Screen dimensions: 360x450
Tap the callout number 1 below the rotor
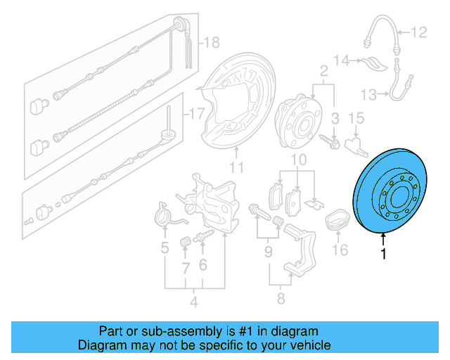click(x=384, y=255)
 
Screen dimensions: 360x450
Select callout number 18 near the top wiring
click(x=211, y=43)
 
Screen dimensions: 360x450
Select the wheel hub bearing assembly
click(x=297, y=120)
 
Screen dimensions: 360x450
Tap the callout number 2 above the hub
click(x=324, y=70)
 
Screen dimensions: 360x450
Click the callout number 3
click(x=335, y=117)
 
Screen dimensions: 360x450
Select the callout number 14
click(x=341, y=60)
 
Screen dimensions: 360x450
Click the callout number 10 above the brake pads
click(x=299, y=161)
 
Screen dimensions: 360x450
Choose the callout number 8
click(x=280, y=300)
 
